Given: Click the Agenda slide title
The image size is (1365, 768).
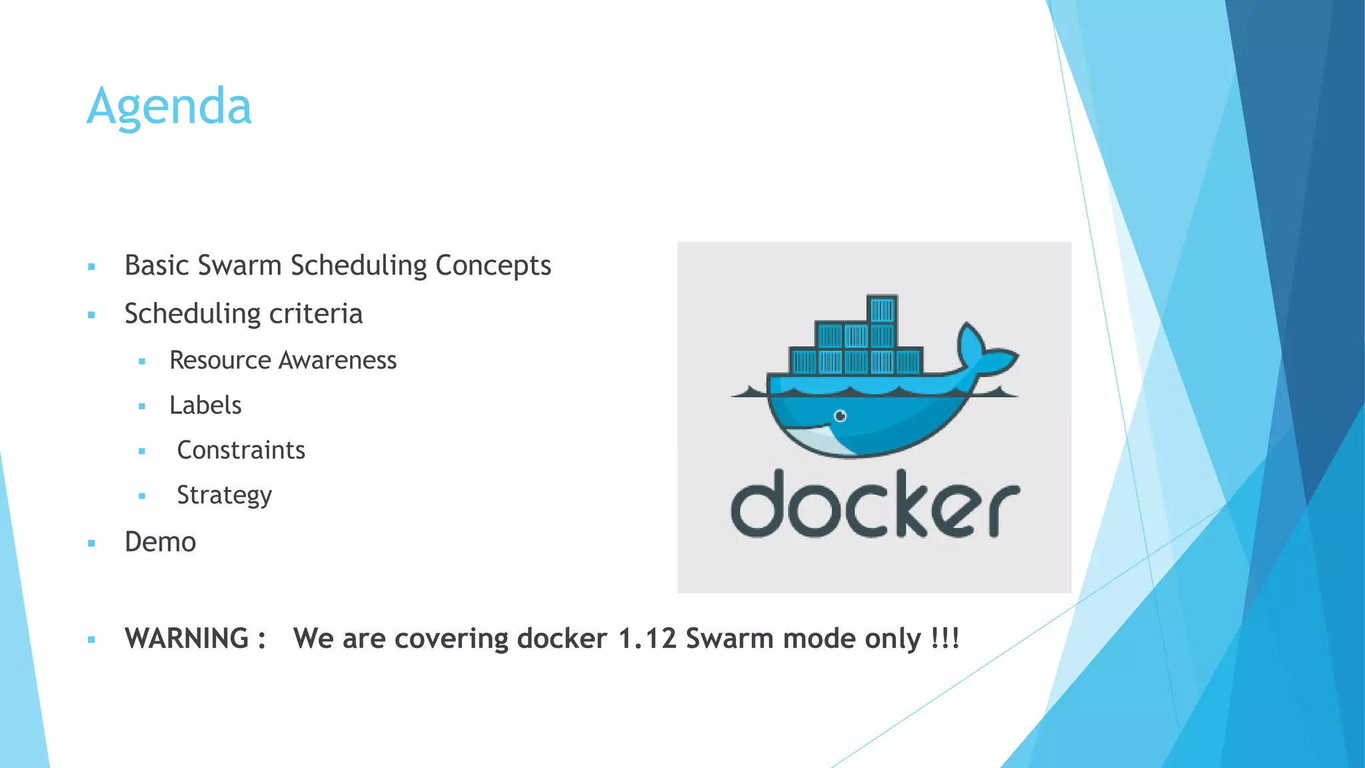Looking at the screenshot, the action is pyautogui.click(x=169, y=107).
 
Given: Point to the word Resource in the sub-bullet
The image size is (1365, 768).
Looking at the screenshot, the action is pyautogui.click(x=220, y=360).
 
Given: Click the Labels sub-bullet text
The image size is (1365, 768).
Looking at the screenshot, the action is pyautogui.click(x=205, y=405).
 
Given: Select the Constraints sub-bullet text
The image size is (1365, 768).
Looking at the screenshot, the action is pyautogui.click(x=241, y=450).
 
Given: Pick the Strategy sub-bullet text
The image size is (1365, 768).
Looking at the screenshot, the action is pyautogui.click(x=224, y=495).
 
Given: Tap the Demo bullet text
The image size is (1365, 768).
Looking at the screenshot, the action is pyautogui.click(x=160, y=542).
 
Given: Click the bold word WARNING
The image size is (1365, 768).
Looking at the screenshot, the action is pyautogui.click(x=187, y=639).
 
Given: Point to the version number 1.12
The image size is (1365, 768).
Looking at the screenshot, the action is pyautogui.click(x=647, y=639).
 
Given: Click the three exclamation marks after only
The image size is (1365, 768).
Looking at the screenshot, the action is pyautogui.click(x=945, y=638).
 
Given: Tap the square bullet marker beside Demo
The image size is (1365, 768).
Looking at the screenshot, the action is pyautogui.click(x=91, y=543).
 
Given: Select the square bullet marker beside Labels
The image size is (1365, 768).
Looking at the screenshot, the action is pyautogui.click(x=142, y=406).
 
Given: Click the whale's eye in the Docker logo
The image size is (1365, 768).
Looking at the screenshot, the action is pyautogui.click(x=840, y=416).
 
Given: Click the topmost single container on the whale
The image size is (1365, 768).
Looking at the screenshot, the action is pyautogui.click(x=882, y=310).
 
